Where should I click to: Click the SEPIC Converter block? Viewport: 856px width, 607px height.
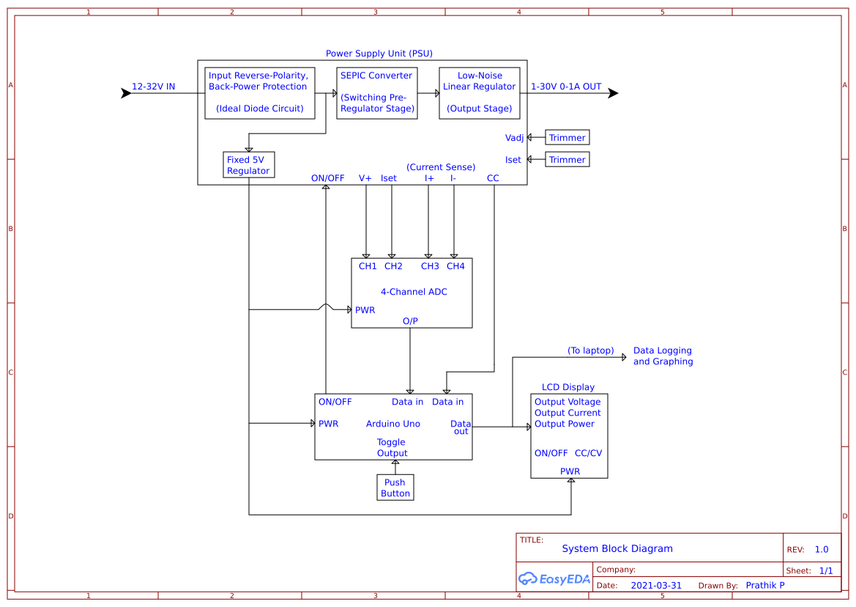point(377,92)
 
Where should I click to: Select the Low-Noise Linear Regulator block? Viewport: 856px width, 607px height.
point(479,92)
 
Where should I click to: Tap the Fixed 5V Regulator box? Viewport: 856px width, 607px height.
point(248,165)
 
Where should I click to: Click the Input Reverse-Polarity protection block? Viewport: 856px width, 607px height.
point(259,92)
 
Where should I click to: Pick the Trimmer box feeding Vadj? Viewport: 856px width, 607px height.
point(567,138)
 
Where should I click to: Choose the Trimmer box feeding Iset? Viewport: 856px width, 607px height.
point(567,160)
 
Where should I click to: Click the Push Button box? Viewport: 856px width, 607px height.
point(395,488)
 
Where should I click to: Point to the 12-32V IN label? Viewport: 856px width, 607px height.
point(153,87)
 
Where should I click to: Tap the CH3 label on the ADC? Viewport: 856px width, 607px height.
point(430,266)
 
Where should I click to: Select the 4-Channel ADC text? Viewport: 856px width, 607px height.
point(414,292)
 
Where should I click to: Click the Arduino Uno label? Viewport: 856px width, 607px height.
point(392,424)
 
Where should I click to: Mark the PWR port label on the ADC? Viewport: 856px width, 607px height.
point(365,310)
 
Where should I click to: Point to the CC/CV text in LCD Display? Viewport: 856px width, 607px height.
point(588,453)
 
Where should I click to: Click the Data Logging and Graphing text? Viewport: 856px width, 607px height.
point(663,356)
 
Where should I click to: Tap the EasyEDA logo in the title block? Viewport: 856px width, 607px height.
point(554,578)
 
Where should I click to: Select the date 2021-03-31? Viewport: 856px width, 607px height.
point(655,586)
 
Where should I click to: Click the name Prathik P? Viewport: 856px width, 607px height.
point(764,585)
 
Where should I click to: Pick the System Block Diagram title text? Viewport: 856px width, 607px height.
point(617,548)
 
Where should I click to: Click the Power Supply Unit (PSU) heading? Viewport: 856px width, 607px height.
point(379,54)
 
